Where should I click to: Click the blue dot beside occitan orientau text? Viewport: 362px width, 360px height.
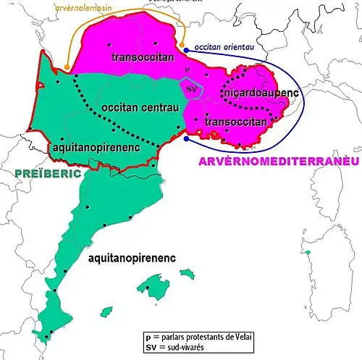(x=187, y=49)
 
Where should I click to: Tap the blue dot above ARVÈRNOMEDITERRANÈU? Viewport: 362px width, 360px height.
(x=187, y=138)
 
